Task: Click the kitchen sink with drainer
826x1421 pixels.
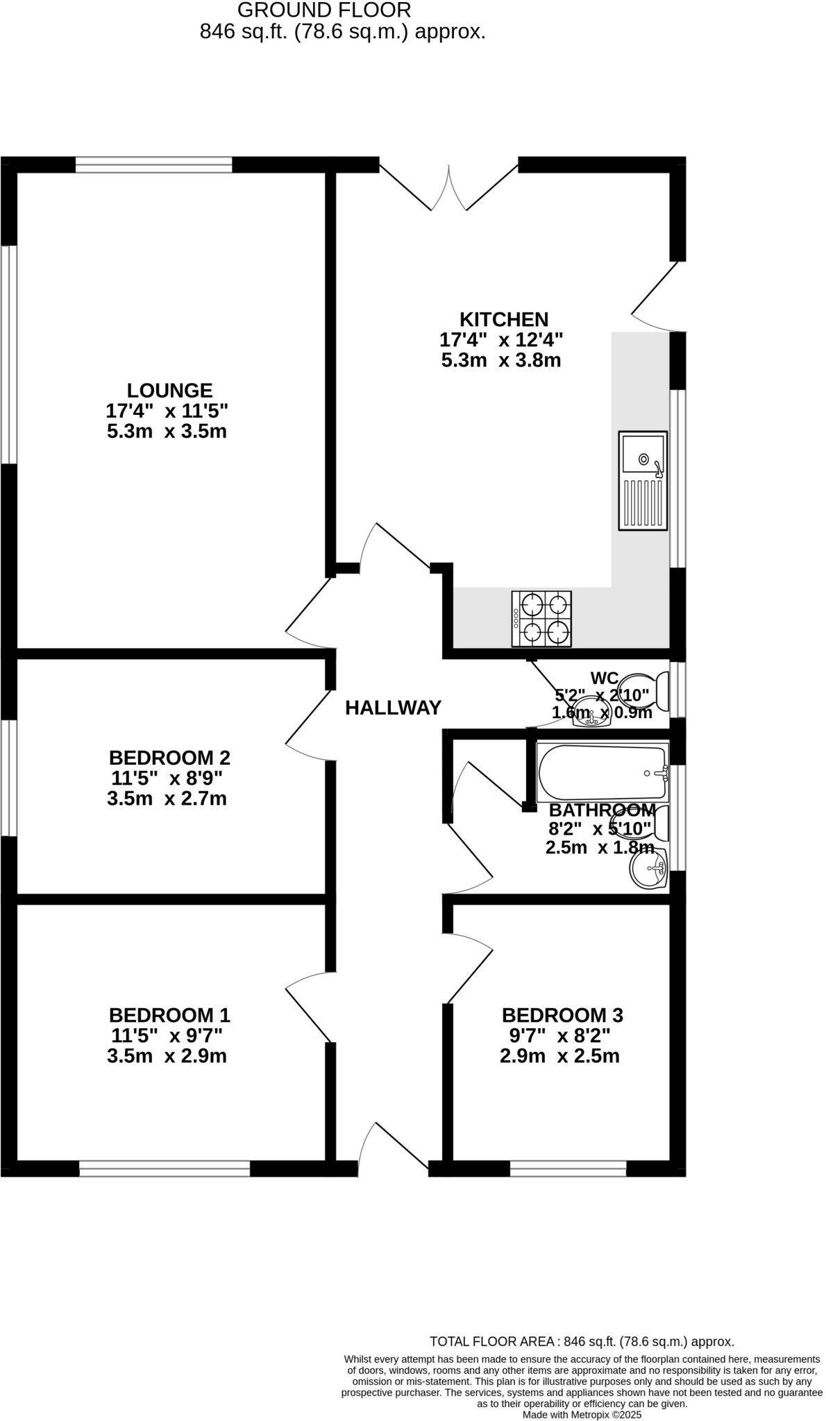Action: (643, 481)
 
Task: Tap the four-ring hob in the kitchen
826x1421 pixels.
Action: (541, 619)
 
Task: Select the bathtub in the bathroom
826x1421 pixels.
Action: (602, 773)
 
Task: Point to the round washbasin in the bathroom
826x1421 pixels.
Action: (648, 869)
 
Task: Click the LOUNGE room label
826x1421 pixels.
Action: (169, 391)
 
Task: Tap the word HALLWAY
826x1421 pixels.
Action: (393, 708)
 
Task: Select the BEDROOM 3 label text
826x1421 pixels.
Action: (562, 1016)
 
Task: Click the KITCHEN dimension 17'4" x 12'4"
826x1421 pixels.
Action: (501, 340)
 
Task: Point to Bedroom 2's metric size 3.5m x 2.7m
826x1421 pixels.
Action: (167, 799)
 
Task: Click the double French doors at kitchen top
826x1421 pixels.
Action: (448, 187)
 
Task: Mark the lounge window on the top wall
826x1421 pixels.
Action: (153, 164)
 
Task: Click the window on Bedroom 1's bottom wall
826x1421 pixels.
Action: (165, 1168)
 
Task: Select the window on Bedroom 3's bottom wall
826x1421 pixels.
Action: (568, 1168)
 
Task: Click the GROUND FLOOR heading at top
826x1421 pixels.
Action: (324, 10)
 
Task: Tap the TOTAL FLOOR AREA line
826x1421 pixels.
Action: (582, 1342)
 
